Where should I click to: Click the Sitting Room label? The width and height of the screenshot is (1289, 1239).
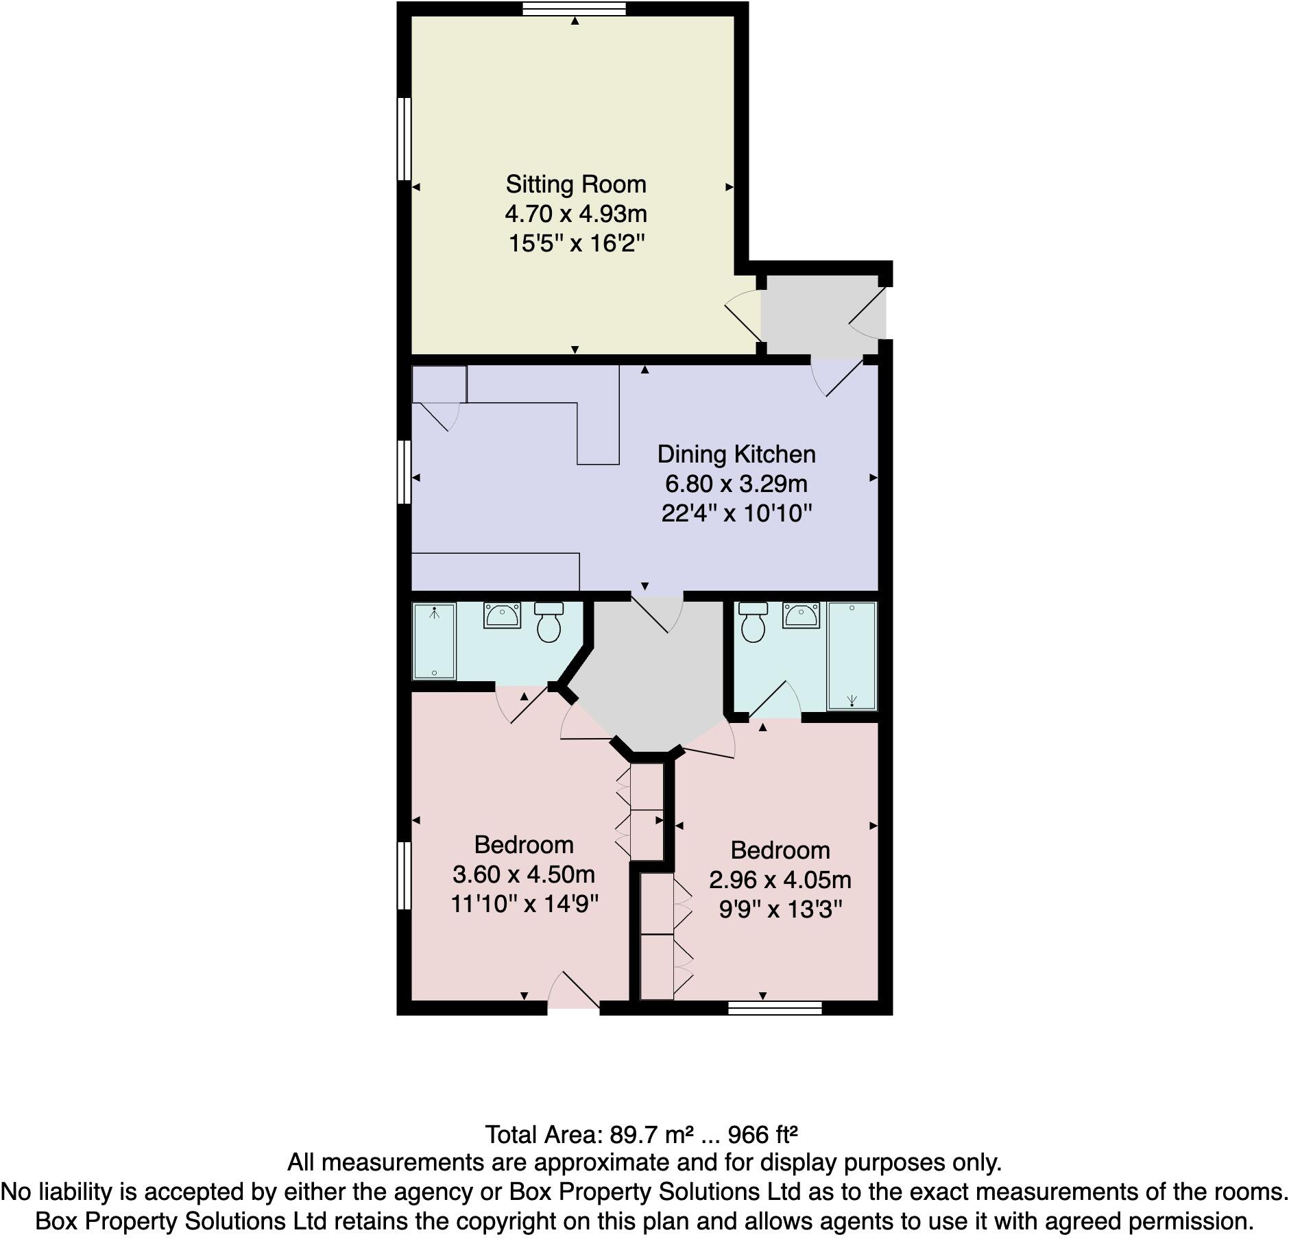coord(575,184)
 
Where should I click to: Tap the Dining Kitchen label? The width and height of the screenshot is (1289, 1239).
coord(736,454)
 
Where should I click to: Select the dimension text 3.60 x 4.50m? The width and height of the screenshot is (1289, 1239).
coord(523,874)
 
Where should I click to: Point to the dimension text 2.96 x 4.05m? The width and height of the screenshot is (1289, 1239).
coord(780,880)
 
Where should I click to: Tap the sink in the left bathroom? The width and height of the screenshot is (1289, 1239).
coord(503,615)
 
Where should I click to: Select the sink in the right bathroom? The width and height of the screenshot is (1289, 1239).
coord(801,615)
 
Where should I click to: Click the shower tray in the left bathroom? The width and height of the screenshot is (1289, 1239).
coord(433,641)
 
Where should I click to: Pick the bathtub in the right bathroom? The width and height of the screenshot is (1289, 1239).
coord(852,656)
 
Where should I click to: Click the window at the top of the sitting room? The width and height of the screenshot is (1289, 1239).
coord(574,8)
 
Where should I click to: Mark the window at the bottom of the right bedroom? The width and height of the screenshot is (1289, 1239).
coord(774,1007)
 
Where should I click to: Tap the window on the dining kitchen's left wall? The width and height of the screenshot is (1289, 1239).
coord(405,472)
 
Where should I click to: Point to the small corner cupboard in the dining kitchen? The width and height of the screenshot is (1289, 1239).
coord(439,384)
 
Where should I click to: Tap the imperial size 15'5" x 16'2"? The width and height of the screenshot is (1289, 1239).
coord(576,243)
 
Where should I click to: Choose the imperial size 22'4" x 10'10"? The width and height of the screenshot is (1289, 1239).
coord(736,513)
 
